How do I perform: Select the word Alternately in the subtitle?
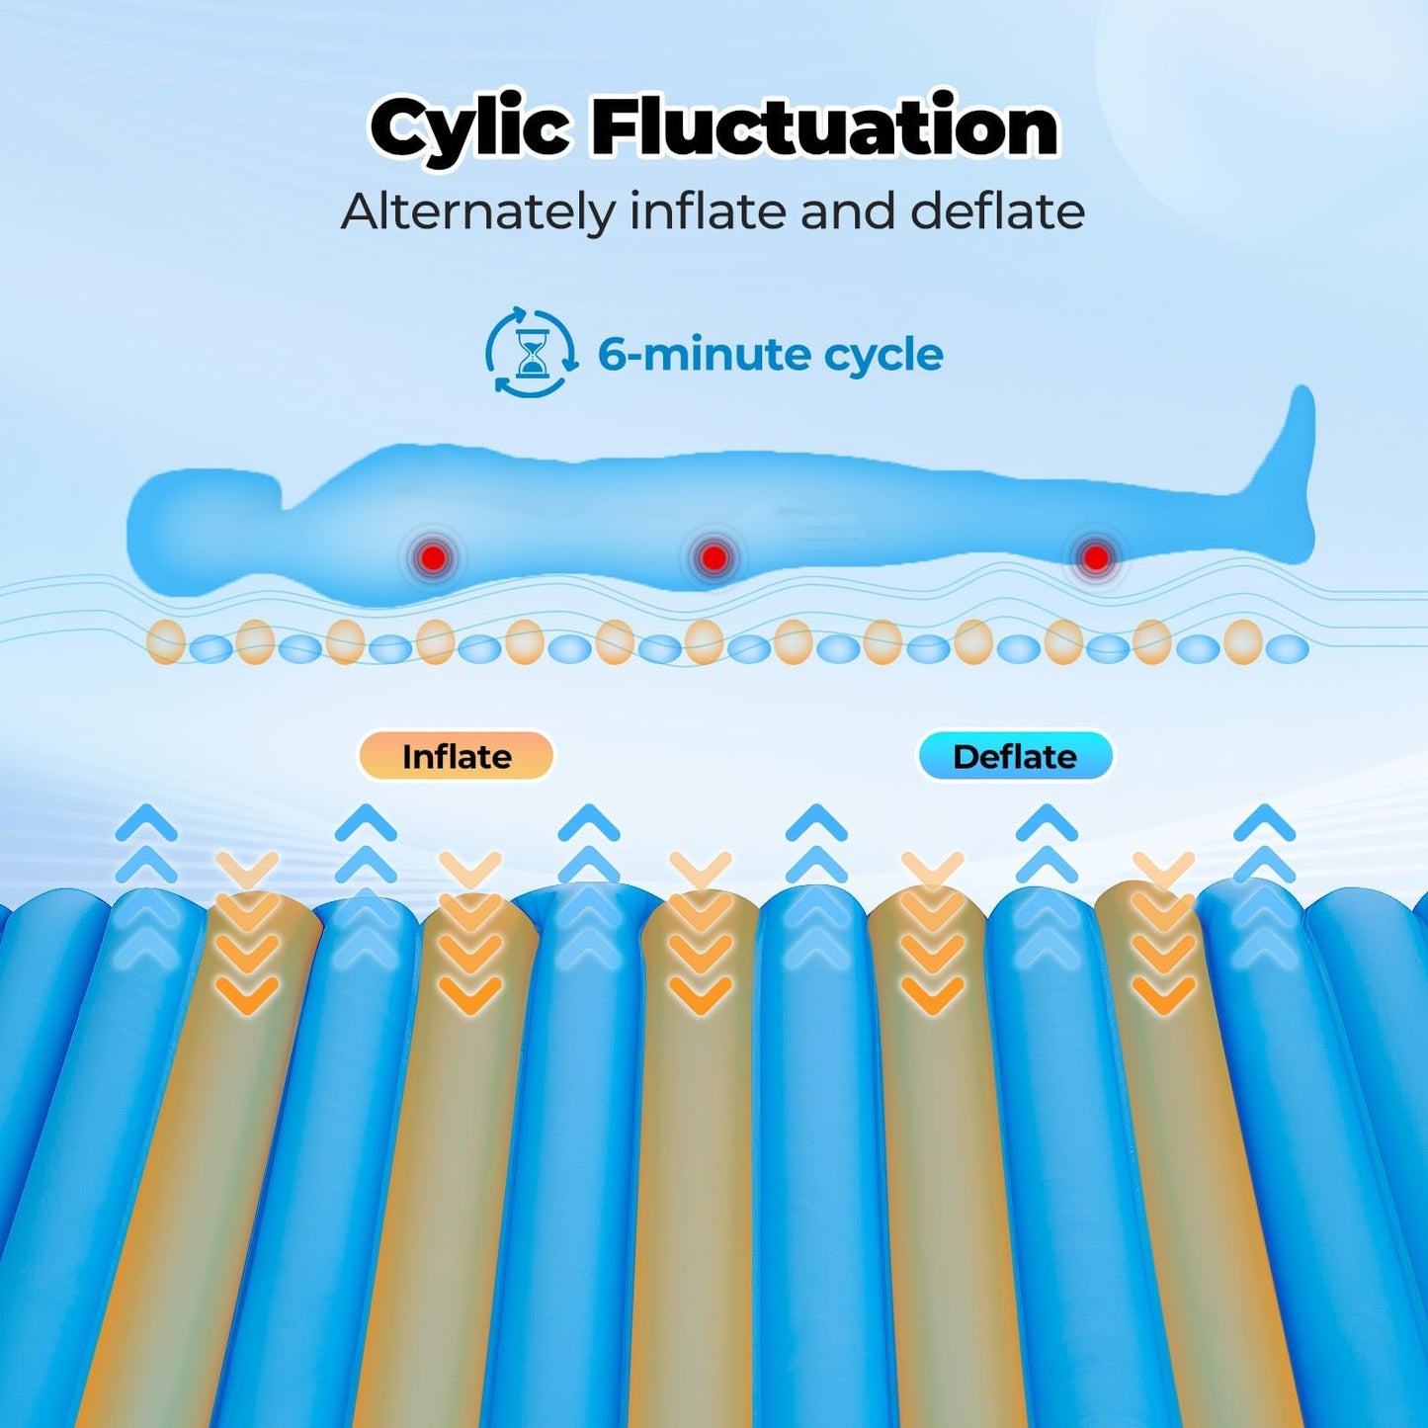(x=478, y=212)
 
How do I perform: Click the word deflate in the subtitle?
(x=997, y=210)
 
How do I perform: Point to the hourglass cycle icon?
(x=531, y=354)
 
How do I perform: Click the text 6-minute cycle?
(x=770, y=355)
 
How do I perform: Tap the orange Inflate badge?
(x=457, y=757)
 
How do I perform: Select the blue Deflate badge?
(x=1015, y=757)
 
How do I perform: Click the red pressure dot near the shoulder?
(x=434, y=556)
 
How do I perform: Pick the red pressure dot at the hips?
(x=713, y=556)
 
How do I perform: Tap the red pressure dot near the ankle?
(x=1095, y=556)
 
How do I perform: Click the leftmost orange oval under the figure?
(x=166, y=641)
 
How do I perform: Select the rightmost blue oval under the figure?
(x=1288, y=649)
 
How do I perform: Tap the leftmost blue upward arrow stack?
(x=146, y=886)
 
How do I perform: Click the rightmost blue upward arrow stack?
(x=1264, y=886)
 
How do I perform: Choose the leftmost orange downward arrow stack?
(x=247, y=933)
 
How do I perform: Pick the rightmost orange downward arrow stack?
(x=1163, y=933)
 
